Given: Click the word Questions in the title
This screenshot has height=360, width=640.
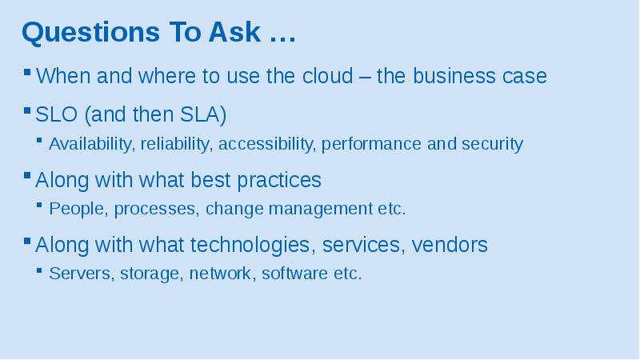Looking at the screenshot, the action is pyautogui.click(x=90, y=33).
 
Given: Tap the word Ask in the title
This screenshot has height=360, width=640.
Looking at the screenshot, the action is pyautogui.click(x=234, y=32).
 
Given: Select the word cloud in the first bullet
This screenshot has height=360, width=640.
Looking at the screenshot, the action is pyautogui.click(x=328, y=75).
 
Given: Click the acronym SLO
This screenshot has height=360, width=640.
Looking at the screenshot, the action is pyautogui.click(x=56, y=114).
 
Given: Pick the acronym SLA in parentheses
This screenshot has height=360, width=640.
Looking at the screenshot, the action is pyautogui.click(x=200, y=114).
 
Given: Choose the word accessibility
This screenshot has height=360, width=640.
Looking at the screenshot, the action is pyautogui.click(x=267, y=144).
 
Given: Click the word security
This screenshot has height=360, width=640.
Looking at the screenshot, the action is pyautogui.click(x=492, y=144).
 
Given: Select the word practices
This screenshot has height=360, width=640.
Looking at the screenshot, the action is pyautogui.click(x=279, y=180).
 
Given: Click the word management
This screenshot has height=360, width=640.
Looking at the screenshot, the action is pyautogui.click(x=321, y=209).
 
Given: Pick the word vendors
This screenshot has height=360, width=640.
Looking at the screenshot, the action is pyautogui.click(x=450, y=245).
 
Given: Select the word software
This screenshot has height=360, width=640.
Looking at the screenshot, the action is pyautogui.click(x=294, y=274).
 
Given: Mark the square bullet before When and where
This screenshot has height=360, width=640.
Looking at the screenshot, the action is pyautogui.click(x=27, y=73).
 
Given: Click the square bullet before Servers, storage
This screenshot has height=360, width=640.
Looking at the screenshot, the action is pyautogui.click(x=39, y=270).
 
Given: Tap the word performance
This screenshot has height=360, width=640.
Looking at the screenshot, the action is pyautogui.click(x=371, y=144).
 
